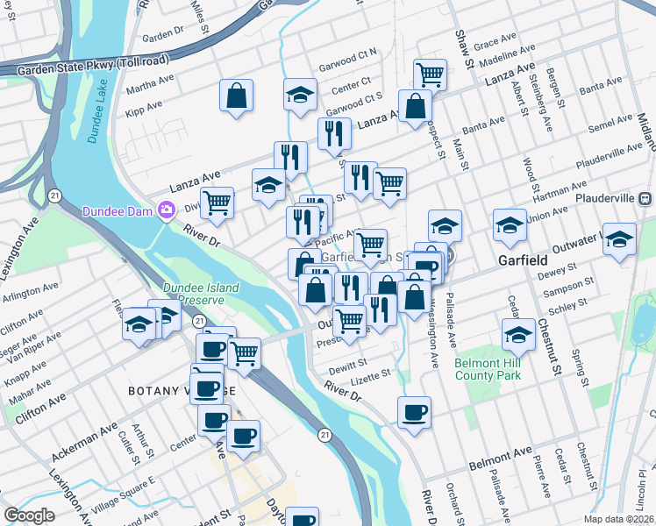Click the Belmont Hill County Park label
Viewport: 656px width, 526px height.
click(488, 369)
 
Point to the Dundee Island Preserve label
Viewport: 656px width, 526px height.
click(205, 293)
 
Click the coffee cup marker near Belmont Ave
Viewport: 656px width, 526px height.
click(414, 410)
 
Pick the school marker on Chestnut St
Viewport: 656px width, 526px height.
click(519, 333)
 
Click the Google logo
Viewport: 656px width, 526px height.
click(29, 515)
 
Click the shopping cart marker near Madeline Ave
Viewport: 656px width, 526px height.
click(430, 74)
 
